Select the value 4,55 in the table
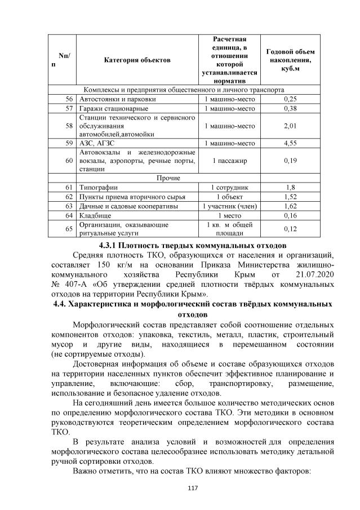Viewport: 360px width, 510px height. (x=290, y=143)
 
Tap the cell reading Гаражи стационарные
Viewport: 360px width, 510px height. (x=114, y=108)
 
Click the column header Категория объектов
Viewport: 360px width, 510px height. (x=137, y=60)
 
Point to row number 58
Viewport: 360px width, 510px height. (x=70, y=126)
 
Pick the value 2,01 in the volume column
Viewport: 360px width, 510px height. (x=290, y=126)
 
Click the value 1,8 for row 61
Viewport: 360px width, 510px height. (x=290, y=187)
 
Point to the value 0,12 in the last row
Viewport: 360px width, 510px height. (x=290, y=229)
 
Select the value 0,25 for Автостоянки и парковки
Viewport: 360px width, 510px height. (x=290, y=99)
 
